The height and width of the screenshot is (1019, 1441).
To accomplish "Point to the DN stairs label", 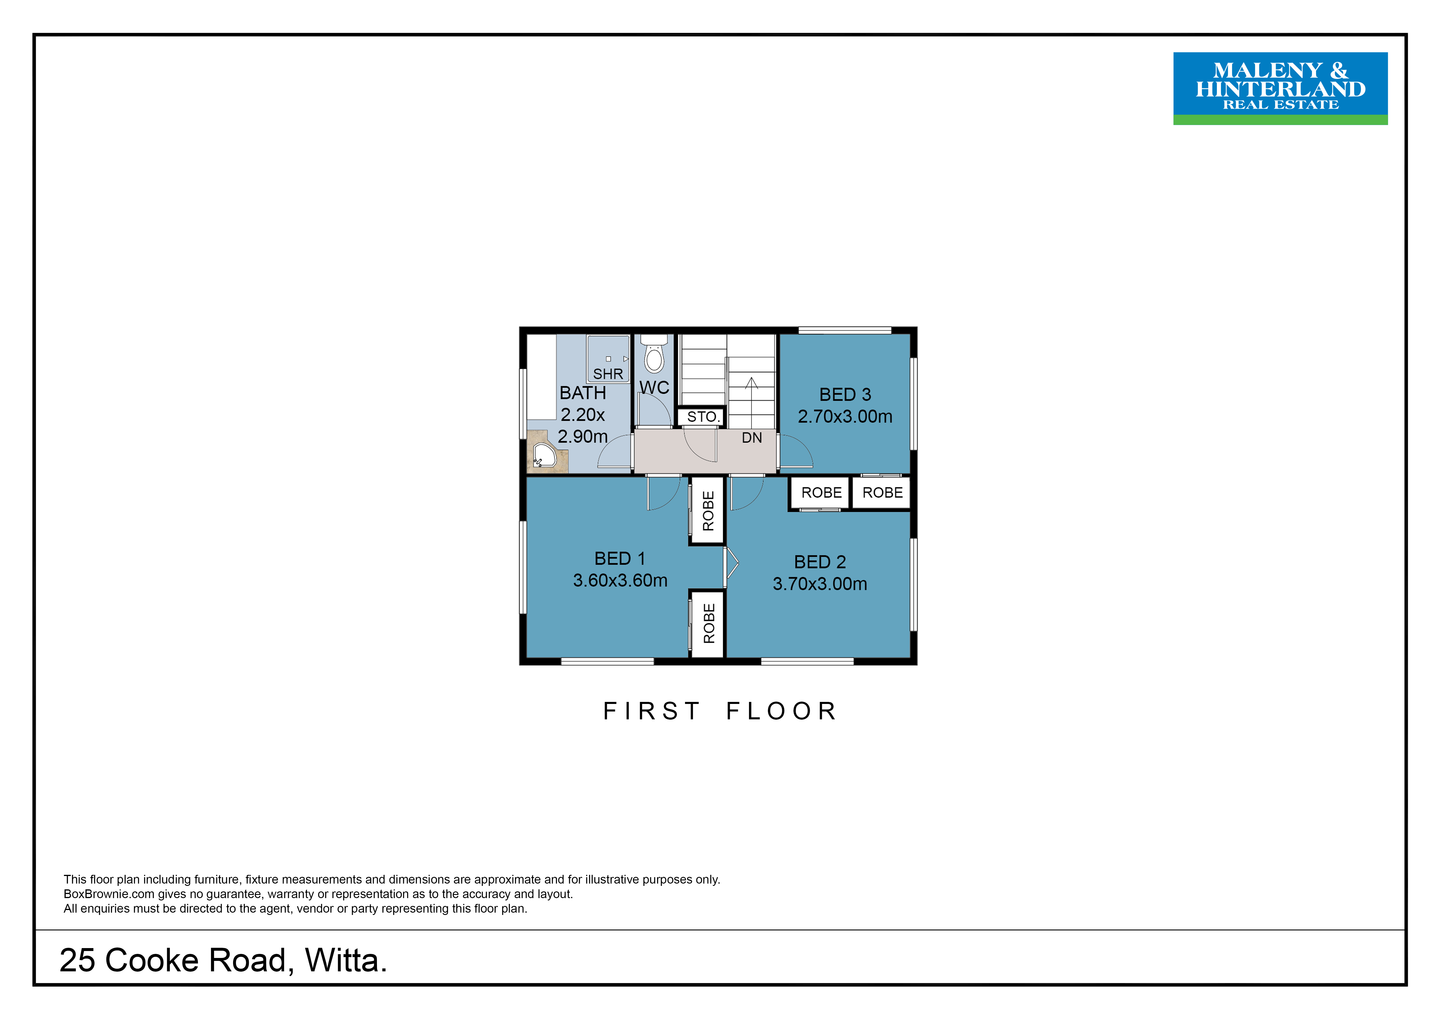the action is pyautogui.click(x=752, y=438).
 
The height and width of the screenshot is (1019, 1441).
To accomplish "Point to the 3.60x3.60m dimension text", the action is pyautogui.click(x=620, y=580).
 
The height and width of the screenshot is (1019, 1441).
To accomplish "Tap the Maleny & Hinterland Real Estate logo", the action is pyautogui.click(x=1280, y=88).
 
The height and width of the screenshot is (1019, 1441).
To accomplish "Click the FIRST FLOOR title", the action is pyautogui.click(x=720, y=711).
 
